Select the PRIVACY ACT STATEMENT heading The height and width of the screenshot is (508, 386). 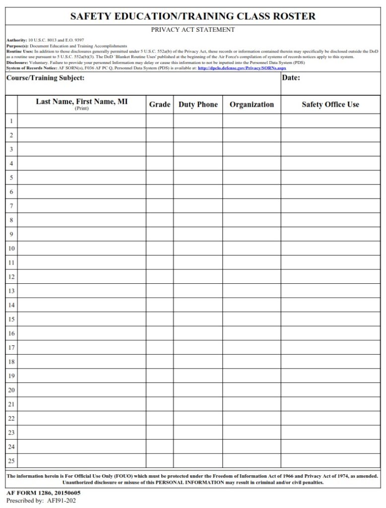click(193, 30)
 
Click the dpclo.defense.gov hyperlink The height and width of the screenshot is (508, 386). click(242, 68)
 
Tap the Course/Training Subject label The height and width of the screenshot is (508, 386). click(45, 78)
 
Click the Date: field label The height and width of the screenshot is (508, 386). click(291, 78)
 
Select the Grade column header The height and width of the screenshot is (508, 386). click(160, 105)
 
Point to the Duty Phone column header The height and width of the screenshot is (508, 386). click(198, 105)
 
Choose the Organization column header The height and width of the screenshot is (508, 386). click(252, 105)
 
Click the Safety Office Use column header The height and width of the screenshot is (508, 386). click(330, 105)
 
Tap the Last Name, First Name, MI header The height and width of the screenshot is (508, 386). click(82, 102)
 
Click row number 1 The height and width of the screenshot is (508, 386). click(11, 121)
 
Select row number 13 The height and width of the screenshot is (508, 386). click(11, 291)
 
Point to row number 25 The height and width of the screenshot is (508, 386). click(11, 461)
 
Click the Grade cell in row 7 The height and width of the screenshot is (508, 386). click(160, 206)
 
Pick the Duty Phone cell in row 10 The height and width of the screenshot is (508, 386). click(198, 248)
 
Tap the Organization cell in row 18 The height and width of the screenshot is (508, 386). click(252, 362)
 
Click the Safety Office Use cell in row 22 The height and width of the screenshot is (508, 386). click(330, 418)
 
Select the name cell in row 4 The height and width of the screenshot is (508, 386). click(82, 163)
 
